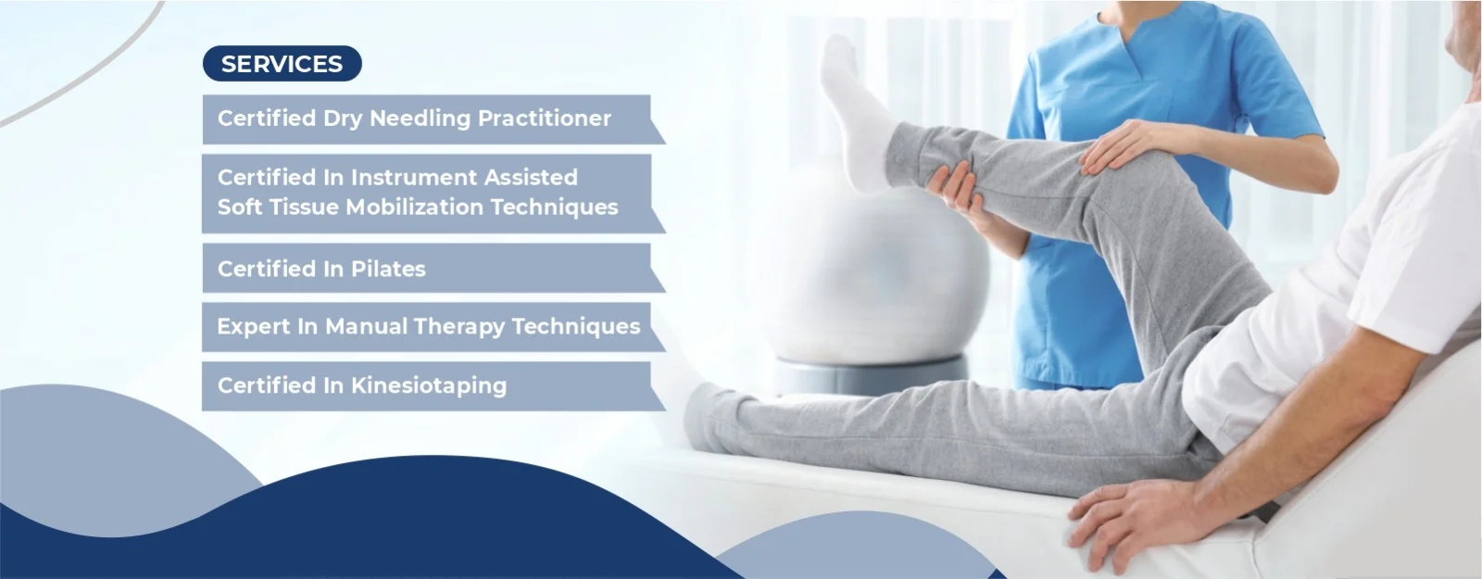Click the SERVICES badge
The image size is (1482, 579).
282,64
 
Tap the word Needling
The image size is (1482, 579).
420,120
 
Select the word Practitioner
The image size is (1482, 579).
544,119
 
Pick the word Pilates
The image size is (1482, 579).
388,269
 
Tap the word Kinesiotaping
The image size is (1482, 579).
428,385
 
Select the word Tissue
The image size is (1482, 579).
307,208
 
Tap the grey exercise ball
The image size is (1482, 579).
873,278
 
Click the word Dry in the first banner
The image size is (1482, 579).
343,120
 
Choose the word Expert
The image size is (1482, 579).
254,327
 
